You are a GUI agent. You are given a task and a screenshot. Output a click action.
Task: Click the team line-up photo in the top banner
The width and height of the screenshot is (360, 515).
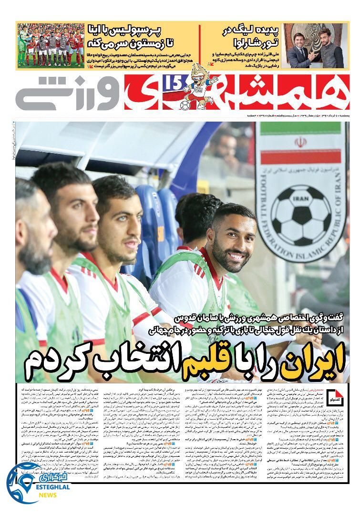point(51,45)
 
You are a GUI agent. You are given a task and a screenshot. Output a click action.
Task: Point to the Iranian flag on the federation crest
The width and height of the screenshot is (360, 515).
point(300,143)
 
